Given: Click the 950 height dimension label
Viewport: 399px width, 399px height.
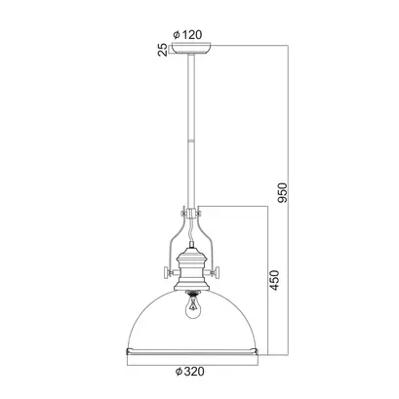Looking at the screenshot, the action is coord(283,192).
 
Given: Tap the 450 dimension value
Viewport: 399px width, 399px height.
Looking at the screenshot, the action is coord(274,280).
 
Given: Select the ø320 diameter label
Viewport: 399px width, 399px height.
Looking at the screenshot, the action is coord(190,372).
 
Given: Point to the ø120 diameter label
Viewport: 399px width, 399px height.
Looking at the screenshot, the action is coord(187,34).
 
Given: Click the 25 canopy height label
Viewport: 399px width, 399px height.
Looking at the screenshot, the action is coord(163,50).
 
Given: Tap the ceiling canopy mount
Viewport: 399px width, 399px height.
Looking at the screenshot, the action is coord(191,49).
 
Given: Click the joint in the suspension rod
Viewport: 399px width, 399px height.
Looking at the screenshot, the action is coord(191,140).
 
